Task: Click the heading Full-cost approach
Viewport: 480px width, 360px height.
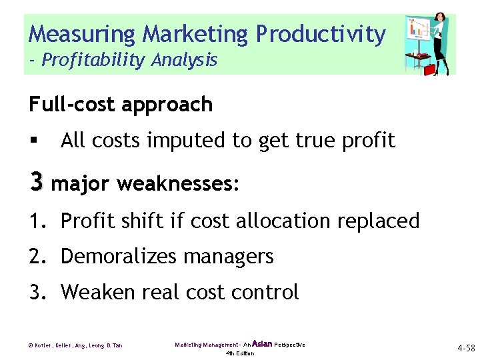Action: click(x=121, y=105)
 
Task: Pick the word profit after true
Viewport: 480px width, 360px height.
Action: click(x=366, y=141)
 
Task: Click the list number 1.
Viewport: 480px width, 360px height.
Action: click(x=34, y=221)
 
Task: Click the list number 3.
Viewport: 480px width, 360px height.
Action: click(x=34, y=292)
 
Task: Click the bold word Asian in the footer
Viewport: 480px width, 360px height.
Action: click(x=263, y=344)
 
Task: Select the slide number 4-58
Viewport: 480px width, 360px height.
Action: click(x=465, y=348)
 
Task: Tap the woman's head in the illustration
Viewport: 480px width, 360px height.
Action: click(x=439, y=19)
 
